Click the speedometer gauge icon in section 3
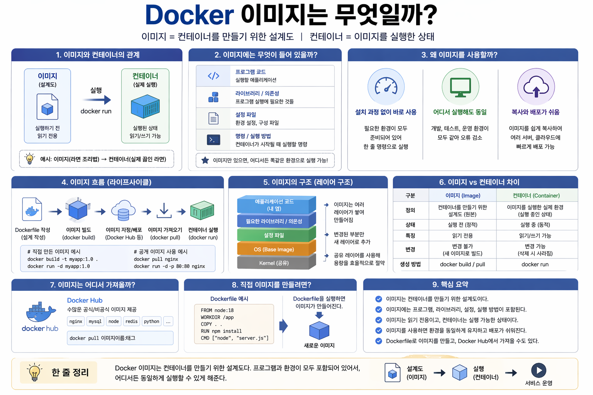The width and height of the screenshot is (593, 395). [386, 86]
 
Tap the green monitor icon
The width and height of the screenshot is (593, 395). [460, 87]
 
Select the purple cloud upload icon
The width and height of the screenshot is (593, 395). [536, 87]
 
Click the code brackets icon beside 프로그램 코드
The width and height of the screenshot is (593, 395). [213, 76]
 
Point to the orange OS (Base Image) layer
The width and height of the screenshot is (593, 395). [274, 249]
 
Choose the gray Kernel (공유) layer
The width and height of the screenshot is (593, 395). [274, 263]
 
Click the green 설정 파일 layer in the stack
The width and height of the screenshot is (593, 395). [274, 235]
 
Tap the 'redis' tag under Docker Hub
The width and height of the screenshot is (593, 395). [131, 321]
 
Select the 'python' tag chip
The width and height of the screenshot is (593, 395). [151, 321]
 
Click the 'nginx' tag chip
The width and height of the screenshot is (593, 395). [76, 321]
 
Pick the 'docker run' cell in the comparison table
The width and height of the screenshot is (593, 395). [535, 265]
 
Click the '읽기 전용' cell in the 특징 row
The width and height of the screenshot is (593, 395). [462, 236]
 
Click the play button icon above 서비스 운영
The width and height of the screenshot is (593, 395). [539, 370]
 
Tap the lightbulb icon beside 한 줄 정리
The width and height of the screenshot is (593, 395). [34, 372]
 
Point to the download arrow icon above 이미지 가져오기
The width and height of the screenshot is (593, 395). [164, 211]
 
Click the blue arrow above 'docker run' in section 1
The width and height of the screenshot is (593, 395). [101, 100]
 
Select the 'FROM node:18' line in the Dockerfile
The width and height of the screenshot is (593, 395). [217, 310]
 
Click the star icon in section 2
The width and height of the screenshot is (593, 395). [205, 160]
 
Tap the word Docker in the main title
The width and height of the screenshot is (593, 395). [189, 15]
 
